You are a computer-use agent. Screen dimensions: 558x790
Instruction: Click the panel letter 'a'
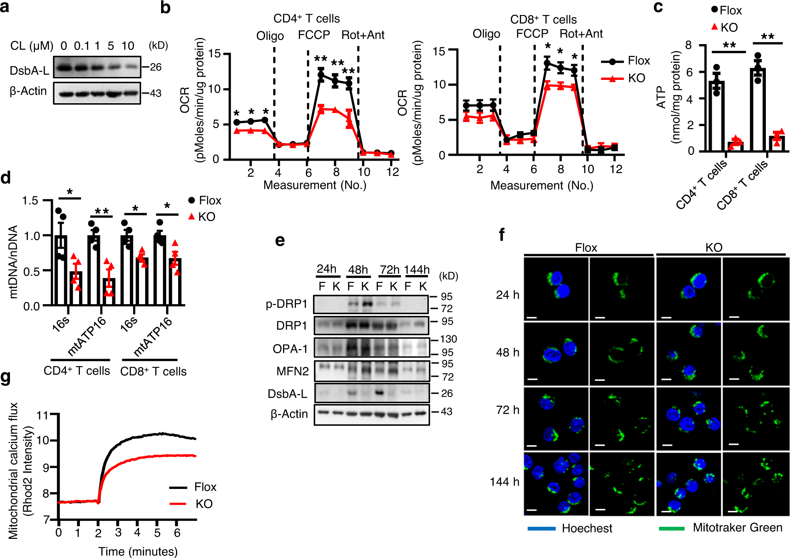(x=5, y=7)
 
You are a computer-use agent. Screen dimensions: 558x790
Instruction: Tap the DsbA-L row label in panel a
(x=29, y=71)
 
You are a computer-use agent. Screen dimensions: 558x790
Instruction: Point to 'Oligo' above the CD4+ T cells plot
(x=270, y=36)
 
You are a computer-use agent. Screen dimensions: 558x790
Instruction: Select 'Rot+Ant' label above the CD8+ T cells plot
(x=581, y=34)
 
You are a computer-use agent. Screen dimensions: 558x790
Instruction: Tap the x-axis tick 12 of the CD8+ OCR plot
(x=616, y=169)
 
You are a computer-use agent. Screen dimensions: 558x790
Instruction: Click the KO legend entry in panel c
(x=728, y=27)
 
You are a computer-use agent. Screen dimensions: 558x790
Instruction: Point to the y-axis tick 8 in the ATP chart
(x=689, y=45)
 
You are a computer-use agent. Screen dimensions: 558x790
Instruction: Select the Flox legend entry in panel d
(x=209, y=201)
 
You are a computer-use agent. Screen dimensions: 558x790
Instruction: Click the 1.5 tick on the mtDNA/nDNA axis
(x=30, y=201)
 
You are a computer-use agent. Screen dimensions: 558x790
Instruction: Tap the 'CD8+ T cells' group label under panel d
(x=153, y=372)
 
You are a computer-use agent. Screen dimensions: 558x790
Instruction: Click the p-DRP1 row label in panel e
(x=286, y=304)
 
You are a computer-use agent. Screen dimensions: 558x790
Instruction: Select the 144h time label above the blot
(x=416, y=270)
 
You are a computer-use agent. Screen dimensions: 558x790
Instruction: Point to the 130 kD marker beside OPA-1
(x=448, y=339)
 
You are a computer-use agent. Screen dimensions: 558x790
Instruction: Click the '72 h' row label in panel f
(x=507, y=410)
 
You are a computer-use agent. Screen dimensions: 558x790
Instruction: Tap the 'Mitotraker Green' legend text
(x=737, y=528)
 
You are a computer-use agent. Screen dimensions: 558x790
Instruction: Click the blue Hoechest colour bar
(x=541, y=528)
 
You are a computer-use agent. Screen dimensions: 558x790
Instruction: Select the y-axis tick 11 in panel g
(x=43, y=415)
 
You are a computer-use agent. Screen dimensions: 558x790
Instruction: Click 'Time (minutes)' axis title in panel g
(x=138, y=551)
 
